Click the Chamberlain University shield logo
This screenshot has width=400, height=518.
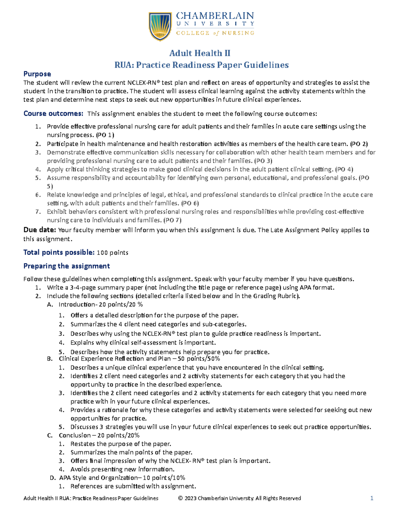pyautogui.click(x=160, y=26)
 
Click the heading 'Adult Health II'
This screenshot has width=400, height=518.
pyautogui.click(x=200, y=53)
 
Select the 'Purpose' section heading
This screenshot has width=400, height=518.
pyautogui.click(x=37, y=74)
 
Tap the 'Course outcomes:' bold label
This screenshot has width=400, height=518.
pyautogui.click(x=53, y=114)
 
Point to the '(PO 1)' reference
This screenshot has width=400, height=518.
pyautogui.click(x=105, y=135)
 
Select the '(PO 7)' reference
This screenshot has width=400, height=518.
pyautogui.click(x=172, y=220)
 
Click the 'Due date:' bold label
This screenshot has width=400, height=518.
pyautogui.click(x=40, y=230)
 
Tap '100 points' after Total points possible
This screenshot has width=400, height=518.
pyautogui.click(x=112, y=253)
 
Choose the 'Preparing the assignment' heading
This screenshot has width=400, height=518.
pyautogui.click(x=66, y=266)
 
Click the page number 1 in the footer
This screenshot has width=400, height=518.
pyautogui.click(x=372, y=498)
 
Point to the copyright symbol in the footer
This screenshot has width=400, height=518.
pyautogui.click(x=180, y=498)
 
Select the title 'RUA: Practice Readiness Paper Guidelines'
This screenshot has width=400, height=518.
pyautogui.click(x=201, y=65)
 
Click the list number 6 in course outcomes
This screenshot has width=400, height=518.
pyautogui.click(x=38, y=195)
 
